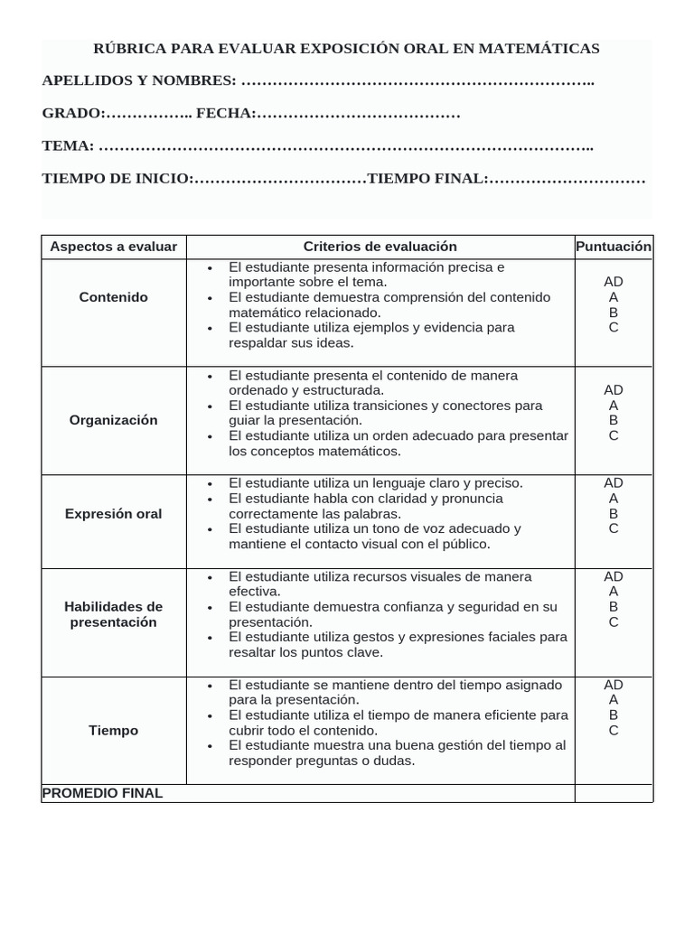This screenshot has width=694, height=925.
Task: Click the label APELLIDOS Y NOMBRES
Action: pyautogui.click(x=139, y=81)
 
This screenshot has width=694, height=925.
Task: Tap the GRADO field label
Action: pyautogui.click(x=73, y=114)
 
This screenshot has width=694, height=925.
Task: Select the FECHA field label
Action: pyautogui.click(x=225, y=114)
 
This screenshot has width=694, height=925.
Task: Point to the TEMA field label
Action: pyautogui.click(x=68, y=146)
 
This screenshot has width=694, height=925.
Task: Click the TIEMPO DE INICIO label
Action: pyautogui.click(x=117, y=179)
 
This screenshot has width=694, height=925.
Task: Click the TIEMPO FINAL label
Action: pyautogui.click(x=427, y=179)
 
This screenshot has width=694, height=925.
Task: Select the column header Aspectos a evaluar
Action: pyautogui.click(x=114, y=247)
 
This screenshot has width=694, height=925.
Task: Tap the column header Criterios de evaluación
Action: pyautogui.click(x=380, y=247)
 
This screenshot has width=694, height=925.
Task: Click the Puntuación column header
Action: pyautogui.click(x=614, y=246)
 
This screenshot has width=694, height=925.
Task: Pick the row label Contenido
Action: pyautogui.click(x=114, y=297)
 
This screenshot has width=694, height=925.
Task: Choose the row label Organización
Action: pyautogui.click(x=114, y=420)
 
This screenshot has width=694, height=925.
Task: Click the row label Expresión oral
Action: pyautogui.click(x=114, y=514)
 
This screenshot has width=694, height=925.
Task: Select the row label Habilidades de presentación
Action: pyautogui.click(x=114, y=614)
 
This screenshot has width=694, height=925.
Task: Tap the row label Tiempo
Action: pyautogui.click(x=114, y=730)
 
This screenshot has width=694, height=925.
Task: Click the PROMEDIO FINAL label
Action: pyautogui.click(x=103, y=793)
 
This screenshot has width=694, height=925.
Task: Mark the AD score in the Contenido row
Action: pyautogui.click(x=614, y=282)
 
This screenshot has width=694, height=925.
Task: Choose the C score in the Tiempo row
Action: pyautogui.click(x=614, y=731)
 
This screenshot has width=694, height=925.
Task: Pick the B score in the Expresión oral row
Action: pyautogui.click(x=614, y=513)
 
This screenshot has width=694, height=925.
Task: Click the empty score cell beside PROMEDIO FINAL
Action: pyautogui.click(x=614, y=793)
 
